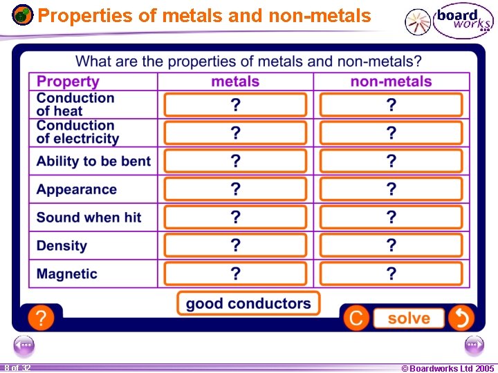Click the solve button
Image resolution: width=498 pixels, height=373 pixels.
pos(409,318)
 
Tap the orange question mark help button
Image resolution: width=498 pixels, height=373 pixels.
pos(41,318)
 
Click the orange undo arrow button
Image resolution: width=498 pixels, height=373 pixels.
pos(461,318)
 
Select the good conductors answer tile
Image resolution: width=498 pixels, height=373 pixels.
pos(248,303)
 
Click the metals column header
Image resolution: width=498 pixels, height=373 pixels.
pos(235,82)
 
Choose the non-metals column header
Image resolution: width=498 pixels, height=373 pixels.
pos(391,82)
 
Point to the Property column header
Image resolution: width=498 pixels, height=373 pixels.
pos(68,82)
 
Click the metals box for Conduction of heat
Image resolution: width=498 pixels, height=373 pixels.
pos(235,105)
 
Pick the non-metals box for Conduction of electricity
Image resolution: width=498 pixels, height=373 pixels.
pos(391,133)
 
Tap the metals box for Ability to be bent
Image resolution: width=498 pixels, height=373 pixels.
pos(235,161)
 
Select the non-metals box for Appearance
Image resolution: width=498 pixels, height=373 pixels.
pos(391,189)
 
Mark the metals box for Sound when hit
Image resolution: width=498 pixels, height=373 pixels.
pos(235,217)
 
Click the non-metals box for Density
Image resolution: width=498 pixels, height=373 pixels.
pos(391,245)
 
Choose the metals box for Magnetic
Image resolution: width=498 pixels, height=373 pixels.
pos(235,274)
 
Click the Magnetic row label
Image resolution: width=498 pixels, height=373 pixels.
pos(67,274)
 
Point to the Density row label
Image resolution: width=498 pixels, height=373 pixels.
pos(62,245)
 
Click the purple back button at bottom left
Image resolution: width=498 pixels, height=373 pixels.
pos(24,344)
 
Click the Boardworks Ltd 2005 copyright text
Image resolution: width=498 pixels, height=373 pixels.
pos(448,368)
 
